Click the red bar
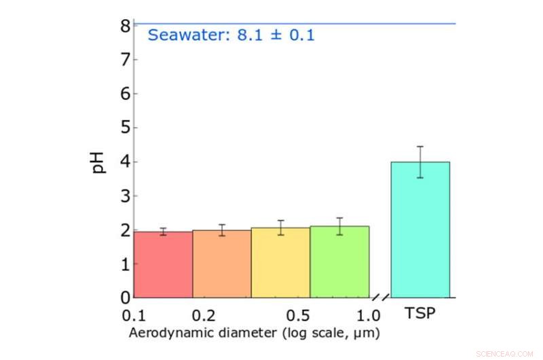coord(163,265)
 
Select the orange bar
coord(222,264)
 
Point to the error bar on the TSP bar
coord(420,162)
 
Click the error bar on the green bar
coord(339,226)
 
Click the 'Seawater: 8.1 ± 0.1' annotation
coord(231,35)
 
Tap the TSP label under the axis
coord(420,314)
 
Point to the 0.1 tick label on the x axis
coord(134,315)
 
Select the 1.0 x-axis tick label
coord(369,315)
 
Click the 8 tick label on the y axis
coord(125,26)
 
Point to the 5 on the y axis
coord(125,128)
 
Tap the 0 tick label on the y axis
coord(125,298)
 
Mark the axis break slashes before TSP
coord(381,298)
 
